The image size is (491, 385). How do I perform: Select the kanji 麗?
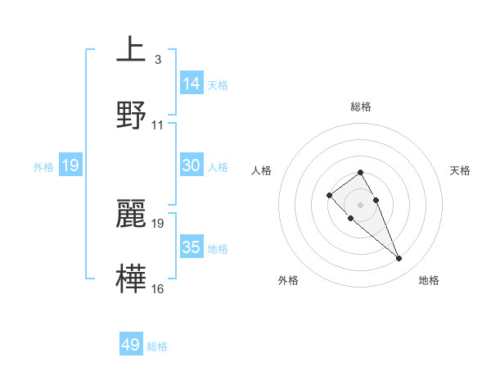tap(132, 212)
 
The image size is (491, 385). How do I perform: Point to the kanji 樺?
tap(132, 276)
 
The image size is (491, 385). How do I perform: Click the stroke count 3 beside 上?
tap(157, 60)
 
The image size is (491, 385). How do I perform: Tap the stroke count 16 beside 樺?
tap(158, 288)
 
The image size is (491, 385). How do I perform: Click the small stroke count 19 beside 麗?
tap(158, 223)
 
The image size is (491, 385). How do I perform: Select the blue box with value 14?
tap(191, 83)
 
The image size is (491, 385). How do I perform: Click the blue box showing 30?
tap(191, 165)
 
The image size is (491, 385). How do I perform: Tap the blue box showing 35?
tap(191, 247)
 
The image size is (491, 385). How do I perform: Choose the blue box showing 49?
tap(131, 345)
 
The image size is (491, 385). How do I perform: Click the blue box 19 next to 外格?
tap(70, 165)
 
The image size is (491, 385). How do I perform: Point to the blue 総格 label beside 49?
tap(157, 346)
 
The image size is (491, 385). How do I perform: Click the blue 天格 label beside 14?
tap(218, 85)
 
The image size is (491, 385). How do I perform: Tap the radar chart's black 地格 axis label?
tap(429, 280)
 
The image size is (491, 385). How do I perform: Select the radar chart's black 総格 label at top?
tap(361, 106)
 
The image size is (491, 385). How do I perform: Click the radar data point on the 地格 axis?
tap(399, 259)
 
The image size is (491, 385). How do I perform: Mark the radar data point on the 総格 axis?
tap(360, 172)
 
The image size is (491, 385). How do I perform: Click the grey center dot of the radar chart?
tap(360, 204)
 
